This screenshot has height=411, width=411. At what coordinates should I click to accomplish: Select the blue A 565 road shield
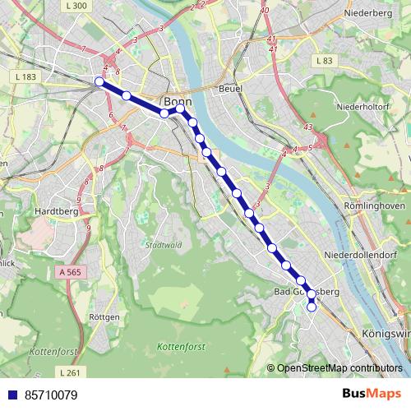(x=72, y=270)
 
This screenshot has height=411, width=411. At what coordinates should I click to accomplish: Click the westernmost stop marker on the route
(x=99, y=81)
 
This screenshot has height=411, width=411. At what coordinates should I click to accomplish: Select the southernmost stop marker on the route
(x=312, y=307)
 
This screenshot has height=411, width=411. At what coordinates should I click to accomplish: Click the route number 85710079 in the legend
(x=51, y=395)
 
